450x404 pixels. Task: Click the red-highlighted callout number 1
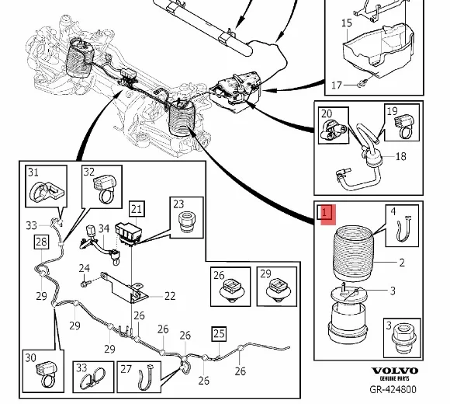[x=324, y=213]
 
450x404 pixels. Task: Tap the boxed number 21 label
[x=137, y=209]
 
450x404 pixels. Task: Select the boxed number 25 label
[x=219, y=333]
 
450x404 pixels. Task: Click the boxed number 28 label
[x=41, y=242]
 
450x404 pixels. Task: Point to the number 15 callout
[x=347, y=23]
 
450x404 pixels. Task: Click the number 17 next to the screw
[x=337, y=85]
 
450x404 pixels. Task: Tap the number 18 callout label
[x=400, y=156]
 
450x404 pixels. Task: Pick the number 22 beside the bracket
[x=170, y=296]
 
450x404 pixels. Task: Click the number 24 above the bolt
[x=84, y=268]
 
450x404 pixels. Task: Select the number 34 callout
[x=104, y=228]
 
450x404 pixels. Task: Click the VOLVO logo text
[x=395, y=371]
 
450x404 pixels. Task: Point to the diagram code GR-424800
[x=393, y=389]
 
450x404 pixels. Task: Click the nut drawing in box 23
[x=187, y=223]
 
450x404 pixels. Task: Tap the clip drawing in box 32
[x=106, y=189]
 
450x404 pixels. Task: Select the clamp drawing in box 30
[x=46, y=375]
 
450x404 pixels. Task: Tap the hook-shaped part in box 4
[x=403, y=228]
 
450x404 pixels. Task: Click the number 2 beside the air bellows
[x=402, y=263]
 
